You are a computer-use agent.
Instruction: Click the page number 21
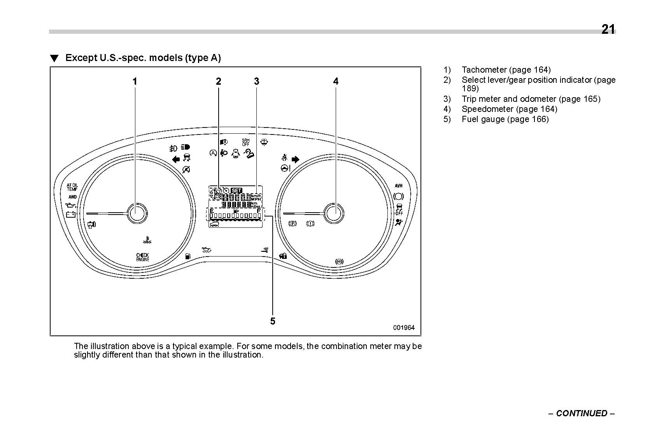[608, 30]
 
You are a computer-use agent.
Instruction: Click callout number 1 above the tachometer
[135, 81]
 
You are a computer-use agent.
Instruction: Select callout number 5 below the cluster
[273, 321]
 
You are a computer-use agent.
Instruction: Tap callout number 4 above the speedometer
[335, 81]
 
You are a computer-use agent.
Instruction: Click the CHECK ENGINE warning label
[142, 257]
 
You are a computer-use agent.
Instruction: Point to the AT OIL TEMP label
[72, 187]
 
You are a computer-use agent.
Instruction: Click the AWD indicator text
[72, 197]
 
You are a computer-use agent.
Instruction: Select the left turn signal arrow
[176, 159]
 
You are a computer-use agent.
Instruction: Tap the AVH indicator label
[398, 186]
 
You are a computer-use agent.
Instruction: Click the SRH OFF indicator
[246, 142]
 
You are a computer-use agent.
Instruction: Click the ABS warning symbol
[339, 262]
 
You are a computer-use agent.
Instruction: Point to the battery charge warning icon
[70, 214]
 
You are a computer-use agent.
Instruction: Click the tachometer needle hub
[137, 213]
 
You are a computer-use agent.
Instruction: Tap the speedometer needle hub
[334, 213]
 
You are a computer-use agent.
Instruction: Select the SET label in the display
[236, 190]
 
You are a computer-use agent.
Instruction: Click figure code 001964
[404, 328]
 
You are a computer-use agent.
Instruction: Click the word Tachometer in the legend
[484, 70]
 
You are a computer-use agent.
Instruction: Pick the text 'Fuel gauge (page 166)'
[505, 119]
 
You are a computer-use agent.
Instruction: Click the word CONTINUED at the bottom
[582, 413]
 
